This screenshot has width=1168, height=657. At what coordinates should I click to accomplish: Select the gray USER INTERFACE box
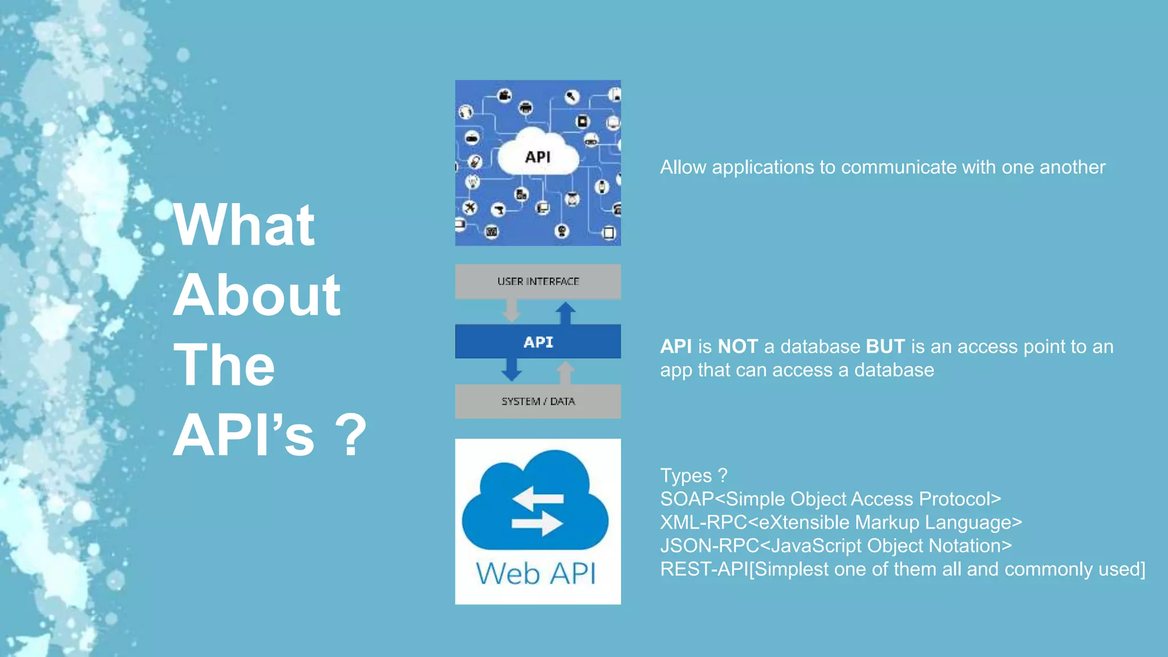pos(538,281)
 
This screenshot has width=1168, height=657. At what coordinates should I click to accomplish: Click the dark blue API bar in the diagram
pos(538,342)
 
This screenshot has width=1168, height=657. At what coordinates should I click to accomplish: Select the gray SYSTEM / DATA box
pos(538,401)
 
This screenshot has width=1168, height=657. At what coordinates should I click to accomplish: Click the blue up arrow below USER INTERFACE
pos(565,313)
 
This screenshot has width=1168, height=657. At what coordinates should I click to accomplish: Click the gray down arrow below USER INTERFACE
pos(512,311)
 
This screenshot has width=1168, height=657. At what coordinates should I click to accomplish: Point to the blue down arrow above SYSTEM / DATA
pos(512,370)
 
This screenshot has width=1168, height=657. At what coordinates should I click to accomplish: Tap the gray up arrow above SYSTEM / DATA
pos(565,373)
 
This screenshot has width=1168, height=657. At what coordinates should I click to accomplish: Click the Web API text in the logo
pos(536,573)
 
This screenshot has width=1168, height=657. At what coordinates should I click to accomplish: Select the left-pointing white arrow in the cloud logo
pos(537,498)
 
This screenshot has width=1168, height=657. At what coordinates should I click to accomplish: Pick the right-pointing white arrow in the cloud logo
pos(537,524)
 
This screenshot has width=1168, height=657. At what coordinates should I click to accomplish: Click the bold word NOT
pos(737,347)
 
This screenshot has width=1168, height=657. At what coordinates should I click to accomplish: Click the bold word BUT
pos(885,347)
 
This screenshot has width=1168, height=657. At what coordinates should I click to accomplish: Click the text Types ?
pos(693,476)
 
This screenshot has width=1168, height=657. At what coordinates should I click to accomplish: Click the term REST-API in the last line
pos(703,569)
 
